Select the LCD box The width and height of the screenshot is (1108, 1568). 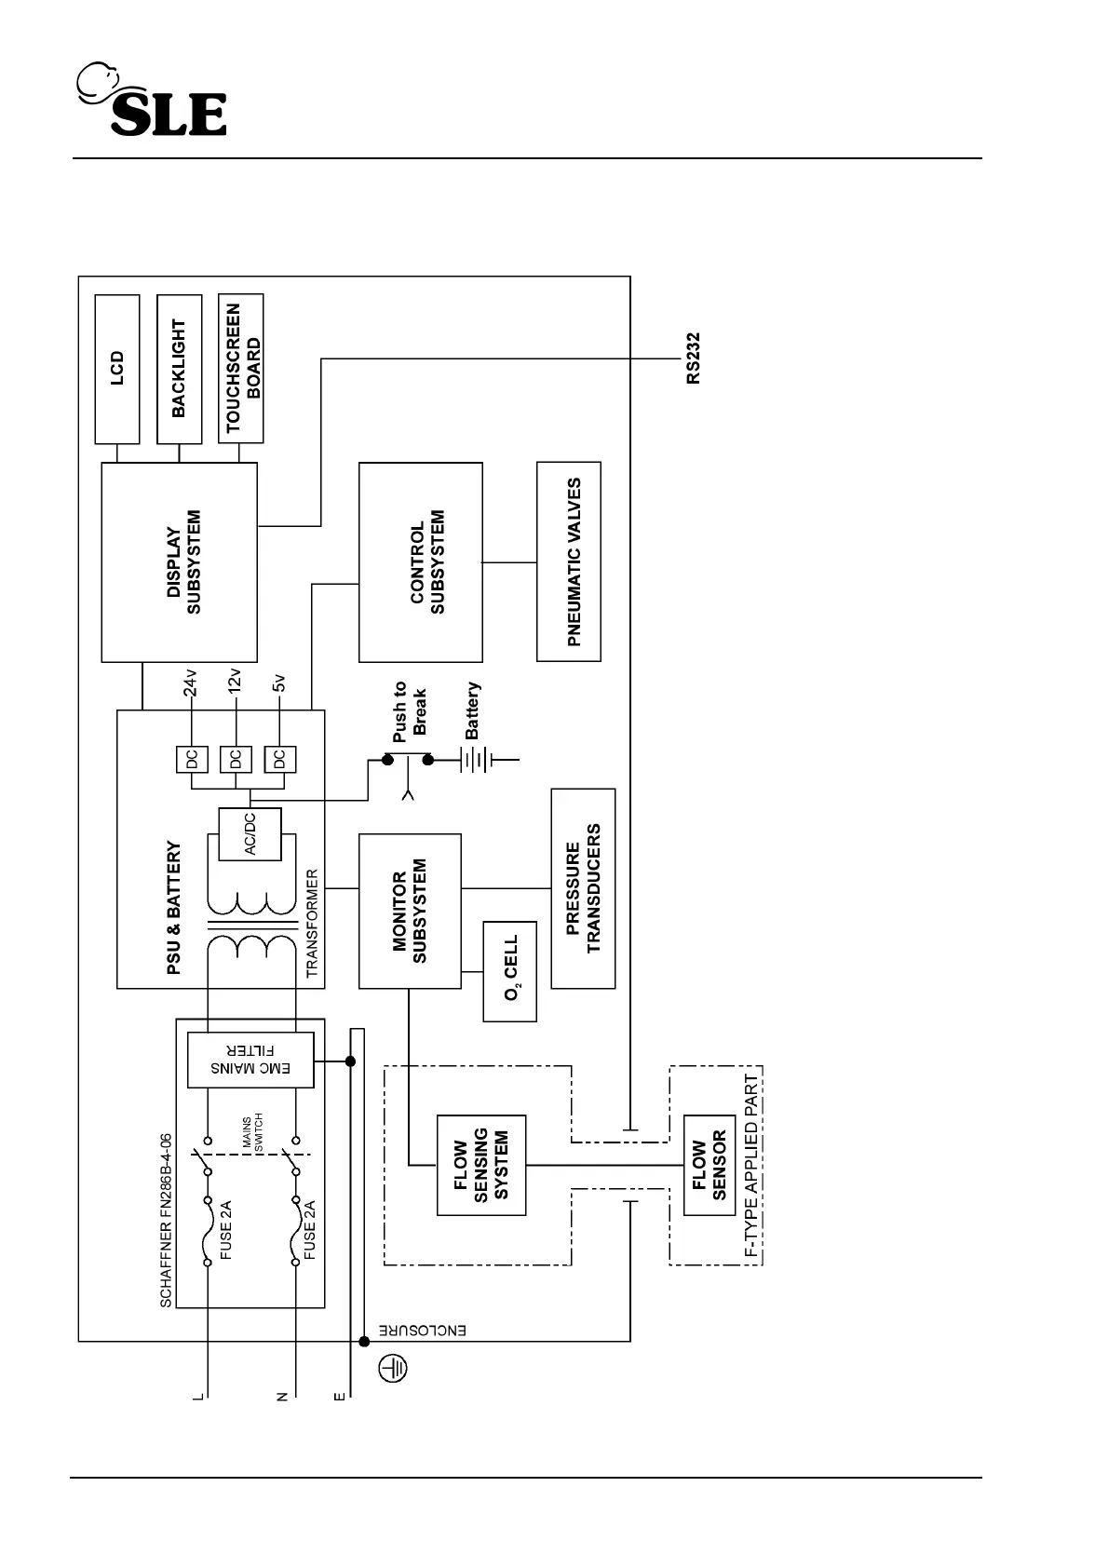(117, 369)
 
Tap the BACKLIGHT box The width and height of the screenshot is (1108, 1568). (179, 369)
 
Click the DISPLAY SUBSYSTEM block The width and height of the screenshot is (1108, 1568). (179, 561)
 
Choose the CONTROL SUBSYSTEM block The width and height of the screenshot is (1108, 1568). (421, 561)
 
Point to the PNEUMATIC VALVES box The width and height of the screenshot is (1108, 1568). (569, 561)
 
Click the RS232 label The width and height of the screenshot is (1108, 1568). (693, 358)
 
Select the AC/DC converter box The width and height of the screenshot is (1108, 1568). (250, 834)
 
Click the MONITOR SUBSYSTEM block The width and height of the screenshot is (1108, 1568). (410, 911)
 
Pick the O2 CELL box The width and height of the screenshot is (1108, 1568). (510, 971)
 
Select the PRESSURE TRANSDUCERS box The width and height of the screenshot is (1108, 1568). (584, 888)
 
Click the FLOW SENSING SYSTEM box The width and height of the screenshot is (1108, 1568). (481, 1165)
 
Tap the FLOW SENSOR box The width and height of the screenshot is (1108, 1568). (709, 1165)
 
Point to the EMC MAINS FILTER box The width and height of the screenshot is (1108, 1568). (250, 1060)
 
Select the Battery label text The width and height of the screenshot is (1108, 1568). (473, 710)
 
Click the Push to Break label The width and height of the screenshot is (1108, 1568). (410, 710)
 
